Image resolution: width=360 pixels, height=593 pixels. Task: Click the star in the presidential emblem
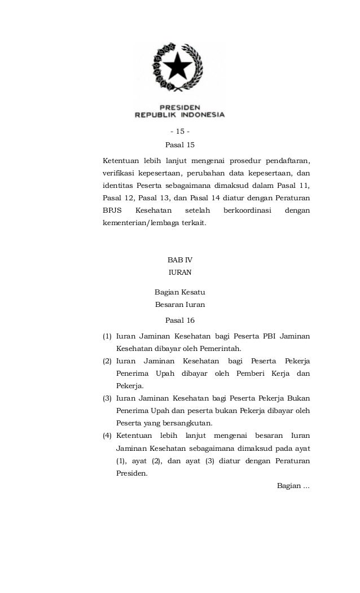pos(180,68)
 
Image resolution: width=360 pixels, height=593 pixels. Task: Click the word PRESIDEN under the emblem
pos(179,106)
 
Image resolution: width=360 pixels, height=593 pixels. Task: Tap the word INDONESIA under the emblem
pos(200,115)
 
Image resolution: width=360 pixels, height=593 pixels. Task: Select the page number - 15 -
pos(179,131)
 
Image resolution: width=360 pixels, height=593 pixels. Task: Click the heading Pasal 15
pos(179,145)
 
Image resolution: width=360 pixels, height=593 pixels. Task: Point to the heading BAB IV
pos(180,260)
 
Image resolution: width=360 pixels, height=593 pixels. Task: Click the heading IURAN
pos(180,273)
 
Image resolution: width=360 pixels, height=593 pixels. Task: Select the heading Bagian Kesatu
pos(179,292)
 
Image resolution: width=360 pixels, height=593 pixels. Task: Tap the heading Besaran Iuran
pos(179,305)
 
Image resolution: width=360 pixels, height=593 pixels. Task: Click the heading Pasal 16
pos(179,320)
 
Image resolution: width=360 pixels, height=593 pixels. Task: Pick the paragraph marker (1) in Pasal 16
pos(107,337)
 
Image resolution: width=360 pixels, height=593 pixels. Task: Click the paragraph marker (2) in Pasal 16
pos(107,361)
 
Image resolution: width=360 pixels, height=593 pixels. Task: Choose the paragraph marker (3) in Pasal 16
pos(107,399)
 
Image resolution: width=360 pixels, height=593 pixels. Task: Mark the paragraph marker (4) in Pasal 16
pos(107,436)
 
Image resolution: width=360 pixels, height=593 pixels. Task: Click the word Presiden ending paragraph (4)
pos(131,474)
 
